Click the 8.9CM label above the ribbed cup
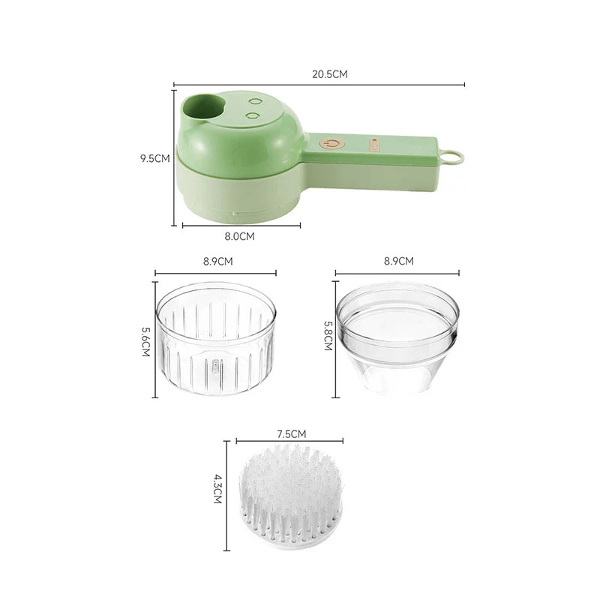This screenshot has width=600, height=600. [217, 262]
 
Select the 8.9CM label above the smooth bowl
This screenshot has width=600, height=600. [397, 262]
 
